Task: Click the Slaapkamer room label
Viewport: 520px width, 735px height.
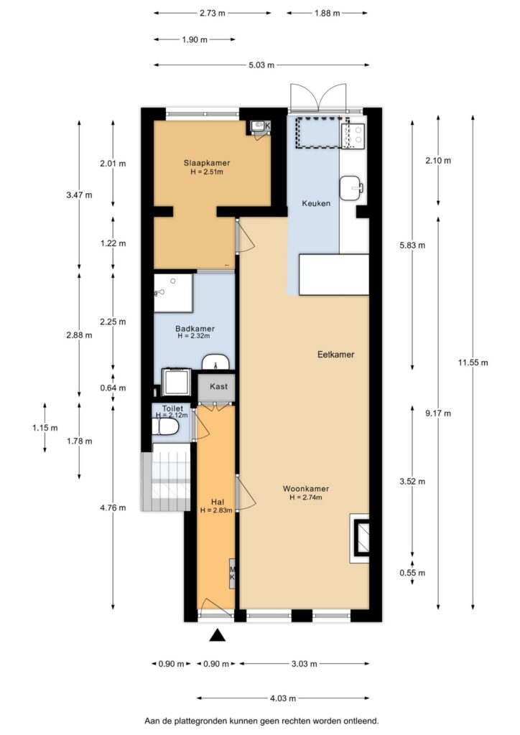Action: (x=206, y=163)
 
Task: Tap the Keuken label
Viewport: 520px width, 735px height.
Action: (x=315, y=203)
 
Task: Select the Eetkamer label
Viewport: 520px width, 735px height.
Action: (x=335, y=355)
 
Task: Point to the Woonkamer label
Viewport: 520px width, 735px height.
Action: (x=306, y=489)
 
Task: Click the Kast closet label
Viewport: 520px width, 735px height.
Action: (x=218, y=386)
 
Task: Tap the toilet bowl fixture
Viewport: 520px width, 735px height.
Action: (x=165, y=427)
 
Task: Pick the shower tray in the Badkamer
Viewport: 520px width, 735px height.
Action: (x=173, y=293)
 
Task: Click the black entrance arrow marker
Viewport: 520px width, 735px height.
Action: (x=217, y=635)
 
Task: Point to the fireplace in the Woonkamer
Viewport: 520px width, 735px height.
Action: (x=359, y=538)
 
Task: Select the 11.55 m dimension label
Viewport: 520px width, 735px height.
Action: (x=473, y=362)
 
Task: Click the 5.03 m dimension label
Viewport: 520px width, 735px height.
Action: (x=261, y=65)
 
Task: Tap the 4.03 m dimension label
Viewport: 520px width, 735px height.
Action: (x=283, y=698)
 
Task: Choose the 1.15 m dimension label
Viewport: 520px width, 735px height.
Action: (x=45, y=428)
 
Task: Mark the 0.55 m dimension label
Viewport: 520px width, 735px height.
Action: (x=412, y=573)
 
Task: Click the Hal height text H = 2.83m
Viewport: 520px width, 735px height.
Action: (x=216, y=510)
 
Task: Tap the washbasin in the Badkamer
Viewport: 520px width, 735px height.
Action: (x=215, y=362)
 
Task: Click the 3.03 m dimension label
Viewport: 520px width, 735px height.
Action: (x=304, y=664)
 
